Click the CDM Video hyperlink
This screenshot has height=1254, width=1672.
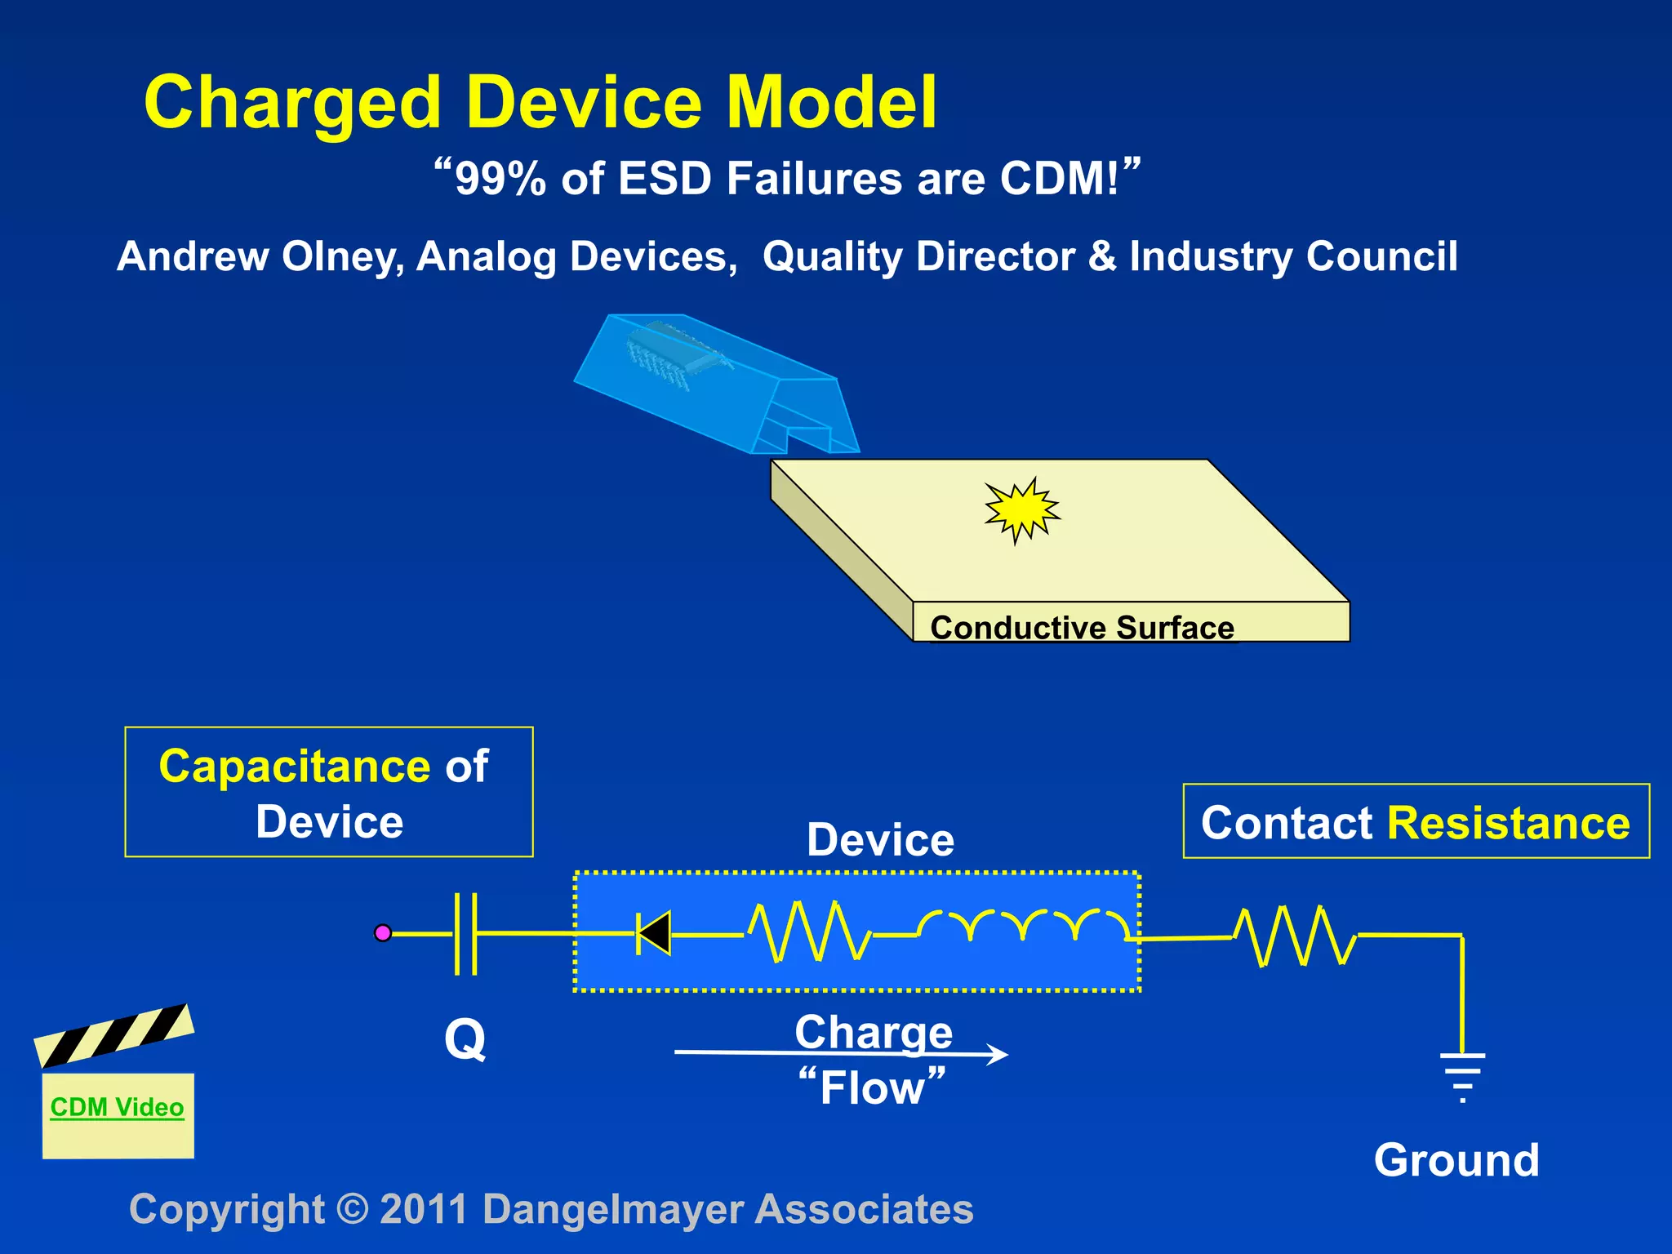coord(117,1107)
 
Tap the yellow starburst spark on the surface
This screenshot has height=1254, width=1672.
coord(1021,510)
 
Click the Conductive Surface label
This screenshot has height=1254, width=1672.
coord(1082,628)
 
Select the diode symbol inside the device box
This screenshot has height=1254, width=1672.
coord(654,933)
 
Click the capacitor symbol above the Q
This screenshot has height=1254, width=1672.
coord(465,933)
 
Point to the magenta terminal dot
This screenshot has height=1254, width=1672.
coord(383,932)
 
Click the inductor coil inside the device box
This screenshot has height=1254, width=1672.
coord(1025,925)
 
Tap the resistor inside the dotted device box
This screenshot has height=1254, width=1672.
coord(808,932)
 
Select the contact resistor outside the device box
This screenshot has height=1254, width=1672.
coord(1295,936)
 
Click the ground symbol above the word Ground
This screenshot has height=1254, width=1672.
coord(1462,1076)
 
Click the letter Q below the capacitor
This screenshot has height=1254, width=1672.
coord(465,1040)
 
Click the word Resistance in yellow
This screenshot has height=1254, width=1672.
coord(1508,823)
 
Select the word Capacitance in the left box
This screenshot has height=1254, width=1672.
coord(294,767)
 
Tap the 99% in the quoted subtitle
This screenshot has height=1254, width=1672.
coord(500,179)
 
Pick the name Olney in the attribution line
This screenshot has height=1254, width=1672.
coord(342,256)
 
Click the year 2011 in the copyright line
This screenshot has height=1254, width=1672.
coord(424,1209)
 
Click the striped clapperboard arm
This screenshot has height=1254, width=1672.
coord(114,1035)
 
